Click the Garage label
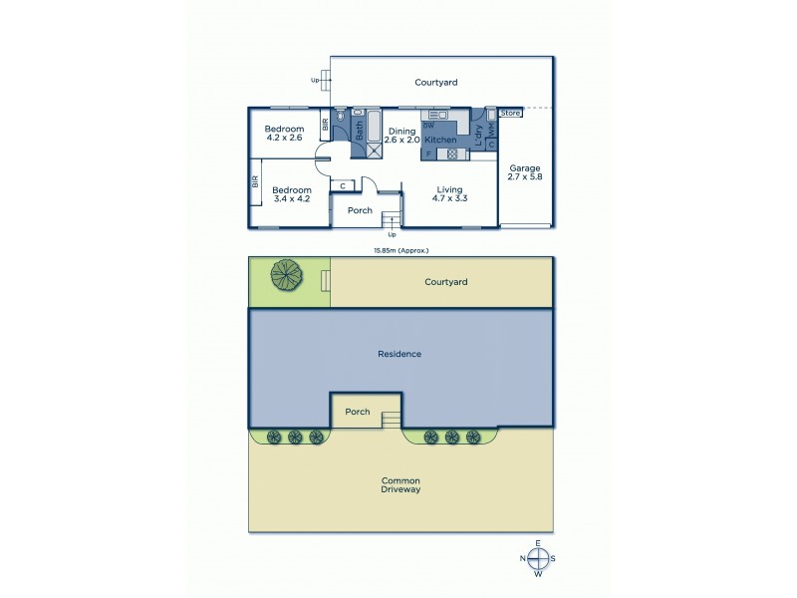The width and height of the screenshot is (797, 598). pyautogui.click(x=524, y=171)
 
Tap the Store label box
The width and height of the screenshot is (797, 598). pyautogui.click(x=510, y=113)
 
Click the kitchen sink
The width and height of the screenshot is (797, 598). pyautogui.click(x=439, y=116)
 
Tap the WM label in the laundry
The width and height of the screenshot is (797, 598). pyautogui.click(x=491, y=129)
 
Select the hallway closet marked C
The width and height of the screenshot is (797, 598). pyautogui.click(x=344, y=184)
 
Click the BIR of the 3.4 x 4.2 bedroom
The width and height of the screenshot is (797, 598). pyautogui.click(x=255, y=182)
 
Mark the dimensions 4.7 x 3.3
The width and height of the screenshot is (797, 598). pyautogui.click(x=449, y=198)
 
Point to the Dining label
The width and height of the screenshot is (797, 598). pyautogui.click(x=401, y=131)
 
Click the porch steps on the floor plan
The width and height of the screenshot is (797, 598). pyautogui.click(x=392, y=220)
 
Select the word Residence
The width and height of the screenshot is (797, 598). pyautogui.click(x=399, y=354)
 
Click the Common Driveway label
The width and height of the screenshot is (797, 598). pyautogui.click(x=400, y=484)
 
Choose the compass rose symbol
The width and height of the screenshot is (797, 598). pyautogui.click(x=538, y=558)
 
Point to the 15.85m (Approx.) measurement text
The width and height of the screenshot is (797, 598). pyautogui.click(x=398, y=250)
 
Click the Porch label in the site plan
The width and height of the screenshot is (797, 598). pyautogui.click(x=357, y=411)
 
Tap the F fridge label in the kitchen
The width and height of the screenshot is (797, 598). pyautogui.click(x=427, y=153)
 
